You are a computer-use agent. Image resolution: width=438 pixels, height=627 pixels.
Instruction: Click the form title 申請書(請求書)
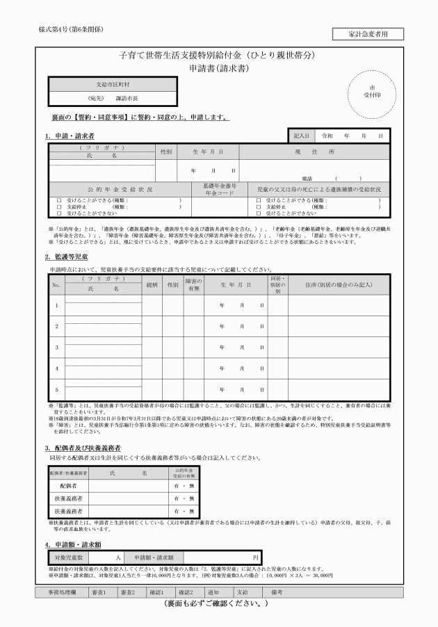tap(219, 69)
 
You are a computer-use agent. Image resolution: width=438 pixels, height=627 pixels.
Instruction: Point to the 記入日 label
tap(301, 136)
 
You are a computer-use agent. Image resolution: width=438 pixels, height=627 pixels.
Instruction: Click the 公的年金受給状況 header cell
tap(120, 189)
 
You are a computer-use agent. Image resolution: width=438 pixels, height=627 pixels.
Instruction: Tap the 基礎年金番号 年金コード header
tap(219, 189)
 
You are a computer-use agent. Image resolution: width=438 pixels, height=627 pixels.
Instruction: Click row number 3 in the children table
tap(56, 346)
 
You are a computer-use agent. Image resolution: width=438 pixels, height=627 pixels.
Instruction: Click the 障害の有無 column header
tap(193, 283)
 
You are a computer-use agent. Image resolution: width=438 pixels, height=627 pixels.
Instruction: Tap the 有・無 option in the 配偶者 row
tap(184, 486)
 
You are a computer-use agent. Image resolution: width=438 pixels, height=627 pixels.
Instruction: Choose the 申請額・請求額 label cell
tap(154, 557)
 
